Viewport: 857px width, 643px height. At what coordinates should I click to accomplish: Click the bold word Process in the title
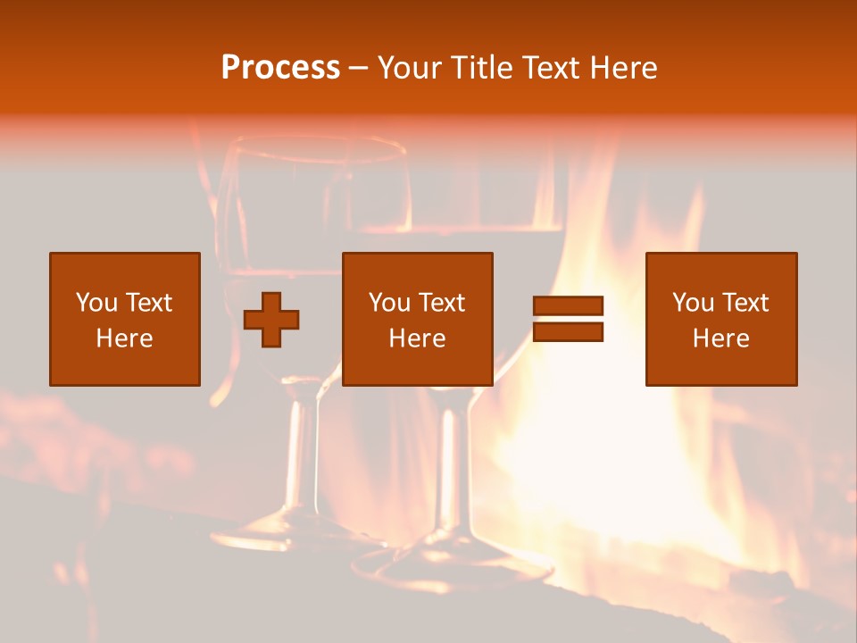[x=280, y=68]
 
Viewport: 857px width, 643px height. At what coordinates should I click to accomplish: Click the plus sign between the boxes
[x=271, y=320]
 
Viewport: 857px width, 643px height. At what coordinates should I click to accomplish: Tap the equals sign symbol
[x=568, y=319]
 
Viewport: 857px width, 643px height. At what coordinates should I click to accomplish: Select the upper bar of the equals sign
[x=568, y=306]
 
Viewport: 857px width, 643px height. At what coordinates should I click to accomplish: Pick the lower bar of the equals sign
[x=568, y=332]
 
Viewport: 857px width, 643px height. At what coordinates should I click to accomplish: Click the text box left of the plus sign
[x=125, y=319]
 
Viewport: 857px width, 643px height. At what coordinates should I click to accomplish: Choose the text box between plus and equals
[x=417, y=319]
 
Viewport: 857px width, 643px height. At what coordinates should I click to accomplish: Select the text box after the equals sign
[x=720, y=319]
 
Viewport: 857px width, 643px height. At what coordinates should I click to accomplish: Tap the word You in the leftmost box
[x=96, y=303]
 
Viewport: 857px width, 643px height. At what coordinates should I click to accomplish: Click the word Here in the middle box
[x=417, y=338]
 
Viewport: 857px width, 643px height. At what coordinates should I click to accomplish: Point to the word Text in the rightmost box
[x=745, y=303]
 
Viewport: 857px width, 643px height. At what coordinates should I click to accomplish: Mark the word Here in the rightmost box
[x=720, y=338]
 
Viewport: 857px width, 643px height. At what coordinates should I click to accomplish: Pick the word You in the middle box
[x=388, y=303]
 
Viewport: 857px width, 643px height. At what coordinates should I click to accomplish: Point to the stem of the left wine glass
[x=304, y=447]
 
